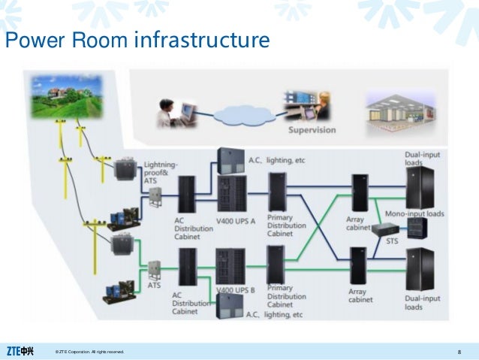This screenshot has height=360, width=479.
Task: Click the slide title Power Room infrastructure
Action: pyautogui.click(x=137, y=41)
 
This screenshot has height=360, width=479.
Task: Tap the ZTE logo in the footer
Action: pyautogui.click(x=20, y=351)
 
